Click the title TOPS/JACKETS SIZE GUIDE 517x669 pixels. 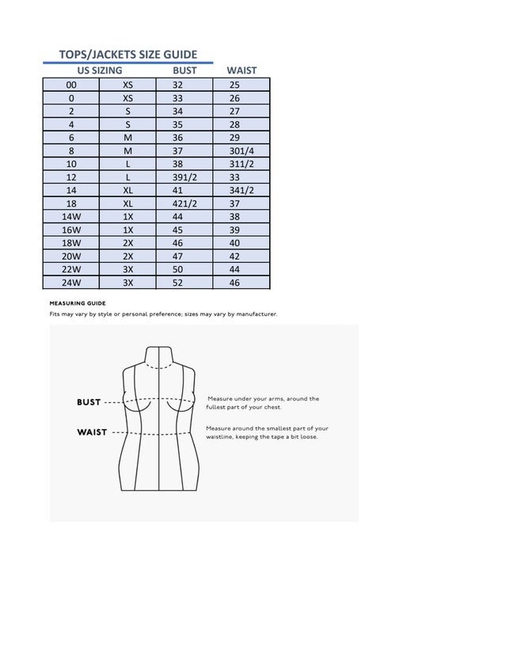click(x=127, y=55)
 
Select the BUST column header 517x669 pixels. click(x=184, y=70)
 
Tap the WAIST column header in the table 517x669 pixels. click(x=241, y=70)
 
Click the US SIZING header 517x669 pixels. click(x=94, y=70)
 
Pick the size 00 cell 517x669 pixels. click(x=71, y=85)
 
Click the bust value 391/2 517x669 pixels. click(x=184, y=177)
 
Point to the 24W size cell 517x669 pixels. click(x=71, y=283)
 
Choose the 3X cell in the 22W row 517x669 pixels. click(x=127, y=269)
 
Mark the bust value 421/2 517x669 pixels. click(x=184, y=203)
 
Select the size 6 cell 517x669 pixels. click(x=71, y=138)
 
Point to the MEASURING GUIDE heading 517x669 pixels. click(x=78, y=303)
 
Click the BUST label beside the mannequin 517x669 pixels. click(x=89, y=402)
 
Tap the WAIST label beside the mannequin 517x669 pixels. click(x=92, y=432)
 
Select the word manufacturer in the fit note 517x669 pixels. click(x=253, y=314)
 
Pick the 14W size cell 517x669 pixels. click(x=71, y=217)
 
